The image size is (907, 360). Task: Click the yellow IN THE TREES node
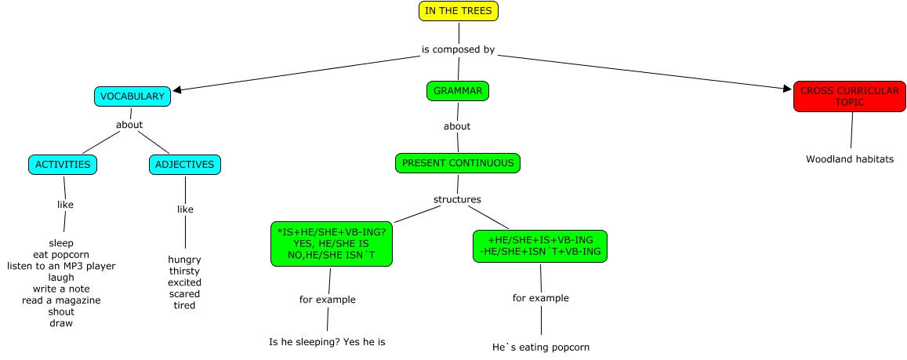[459, 11]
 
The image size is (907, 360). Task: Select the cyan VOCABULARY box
[132, 96]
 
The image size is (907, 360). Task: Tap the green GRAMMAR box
[457, 91]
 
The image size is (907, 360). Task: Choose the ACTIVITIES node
[63, 165]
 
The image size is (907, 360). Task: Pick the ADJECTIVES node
[185, 165]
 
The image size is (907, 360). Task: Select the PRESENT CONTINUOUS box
[458, 163]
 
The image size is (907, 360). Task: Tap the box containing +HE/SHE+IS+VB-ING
[540, 245]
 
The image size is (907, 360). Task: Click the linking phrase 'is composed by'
[458, 50]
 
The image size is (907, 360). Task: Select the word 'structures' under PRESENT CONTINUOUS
[457, 199]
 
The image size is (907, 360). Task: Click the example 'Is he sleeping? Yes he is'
[327, 342]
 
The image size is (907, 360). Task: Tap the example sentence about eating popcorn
[540, 347]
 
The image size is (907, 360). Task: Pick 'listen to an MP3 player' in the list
[61, 266]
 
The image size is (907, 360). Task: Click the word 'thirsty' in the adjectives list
[184, 271]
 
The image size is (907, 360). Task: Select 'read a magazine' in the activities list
[61, 300]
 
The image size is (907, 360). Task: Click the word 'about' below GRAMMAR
[457, 126]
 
